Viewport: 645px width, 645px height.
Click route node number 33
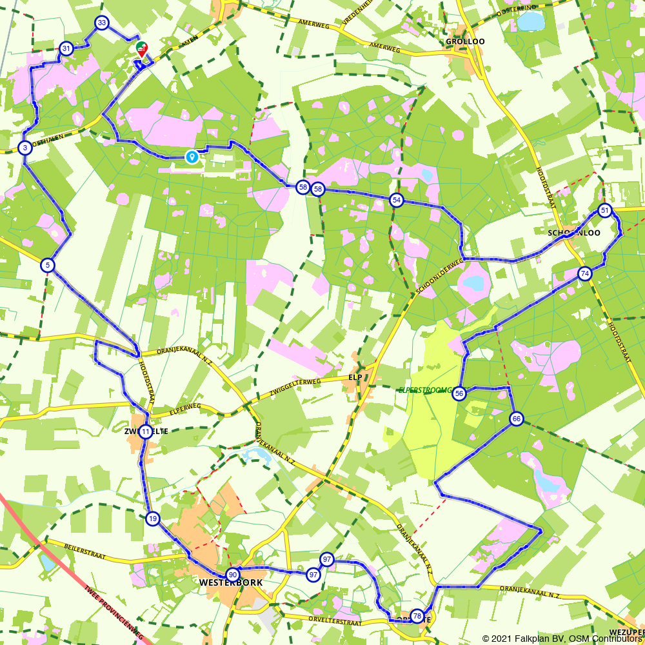(x=101, y=23)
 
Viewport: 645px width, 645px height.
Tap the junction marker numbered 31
(x=66, y=48)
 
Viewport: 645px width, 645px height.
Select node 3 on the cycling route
(x=25, y=148)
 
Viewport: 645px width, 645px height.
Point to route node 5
(x=47, y=264)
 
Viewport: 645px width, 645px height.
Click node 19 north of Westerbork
(x=152, y=519)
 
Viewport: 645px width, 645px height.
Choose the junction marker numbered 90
(x=233, y=575)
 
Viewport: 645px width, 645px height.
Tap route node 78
(x=417, y=616)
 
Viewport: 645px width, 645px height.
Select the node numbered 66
(x=516, y=419)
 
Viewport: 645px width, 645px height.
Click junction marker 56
(x=459, y=393)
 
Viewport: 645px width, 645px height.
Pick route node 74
(x=584, y=273)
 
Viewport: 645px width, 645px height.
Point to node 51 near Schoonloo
(x=604, y=210)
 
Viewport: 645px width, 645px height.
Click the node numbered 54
(x=397, y=200)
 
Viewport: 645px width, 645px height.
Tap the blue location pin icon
(x=192, y=156)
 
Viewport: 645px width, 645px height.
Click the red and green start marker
(x=141, y=48)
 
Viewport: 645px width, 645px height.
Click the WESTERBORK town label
(x=231, y=582)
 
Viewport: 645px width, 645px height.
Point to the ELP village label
(x=355, y=377)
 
